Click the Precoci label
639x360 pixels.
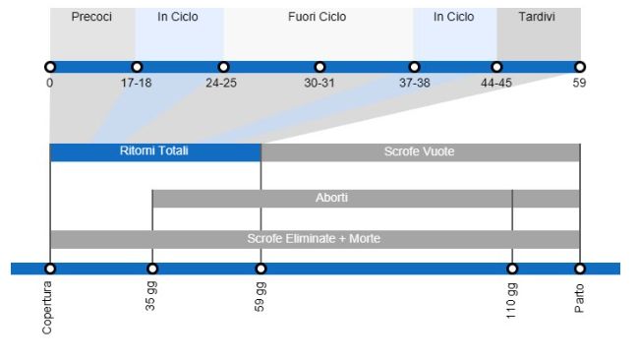pos(91,17)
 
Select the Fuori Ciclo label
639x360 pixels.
pos(317,17)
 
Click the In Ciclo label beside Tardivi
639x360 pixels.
pos(453,17)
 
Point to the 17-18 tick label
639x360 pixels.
pos(136,83)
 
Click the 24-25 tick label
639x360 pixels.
pos(221,83)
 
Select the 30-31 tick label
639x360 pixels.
pos(319,83)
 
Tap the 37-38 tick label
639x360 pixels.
pos(414,83)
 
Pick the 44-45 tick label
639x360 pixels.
pos(496,83)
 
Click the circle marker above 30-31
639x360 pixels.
pos(319,67)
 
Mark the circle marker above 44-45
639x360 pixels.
pos(496,67)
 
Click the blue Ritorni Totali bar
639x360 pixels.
pos(154,151)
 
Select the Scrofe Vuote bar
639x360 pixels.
pos(420,151)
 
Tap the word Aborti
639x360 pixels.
pos(331,198)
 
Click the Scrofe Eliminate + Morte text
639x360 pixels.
pos(314,238)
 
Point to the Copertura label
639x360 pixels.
pos(48,307)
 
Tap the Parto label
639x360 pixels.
pos(579,298)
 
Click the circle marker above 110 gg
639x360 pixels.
pos(512,269)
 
